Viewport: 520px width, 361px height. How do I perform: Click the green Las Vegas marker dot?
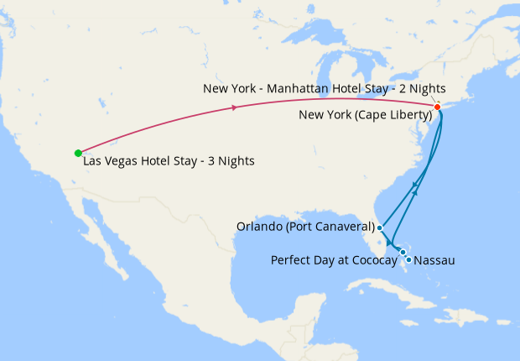point(78,153)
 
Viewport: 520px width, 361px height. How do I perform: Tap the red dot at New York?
point(438,107)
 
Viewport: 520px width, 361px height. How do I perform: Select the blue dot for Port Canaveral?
point(380,228)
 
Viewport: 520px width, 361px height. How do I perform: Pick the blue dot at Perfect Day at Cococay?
point(403,252)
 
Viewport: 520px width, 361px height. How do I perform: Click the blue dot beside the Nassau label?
point(408,260)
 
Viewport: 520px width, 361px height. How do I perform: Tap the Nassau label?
point(434,260)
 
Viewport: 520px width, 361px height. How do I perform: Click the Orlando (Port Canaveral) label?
point(305,227)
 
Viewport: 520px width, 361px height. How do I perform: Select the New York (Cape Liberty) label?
point(365,114)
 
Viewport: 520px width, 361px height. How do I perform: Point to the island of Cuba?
point(394,290)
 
